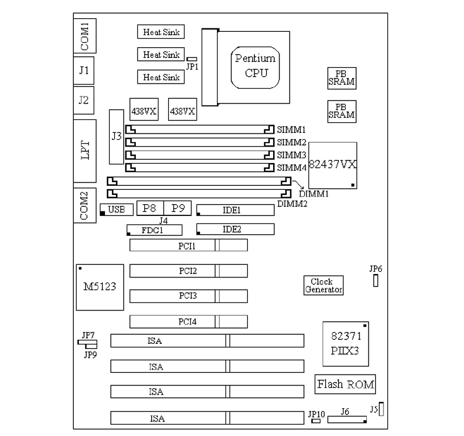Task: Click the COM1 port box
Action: click(x=84, y=36)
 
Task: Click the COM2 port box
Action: click(x=84, y=205)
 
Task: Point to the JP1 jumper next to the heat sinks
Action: click(x=192, y=59)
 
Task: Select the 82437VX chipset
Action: click(x=333, y=165)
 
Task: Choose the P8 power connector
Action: click(x=149, y=208)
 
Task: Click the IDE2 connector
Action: click(x=235, y=229)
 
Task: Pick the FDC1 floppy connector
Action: click(x=154, y=230)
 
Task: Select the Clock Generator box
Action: click(x=324, y=285)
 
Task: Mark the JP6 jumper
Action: click(x=376, y=281)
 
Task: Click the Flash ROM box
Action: click(x=345, y=384)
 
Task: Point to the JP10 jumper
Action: click(x=315, y=422)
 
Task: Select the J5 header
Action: click(x=381, y=409)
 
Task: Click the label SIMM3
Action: click(x=291, y=155)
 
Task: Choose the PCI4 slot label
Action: click(x=188, y=322)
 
